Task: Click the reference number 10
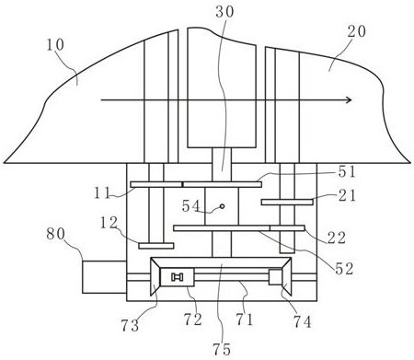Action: point(55,45)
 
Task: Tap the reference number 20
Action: point(357,31)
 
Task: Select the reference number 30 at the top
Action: point(224,12)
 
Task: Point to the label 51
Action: point(347,172)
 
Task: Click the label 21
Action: point(347,195)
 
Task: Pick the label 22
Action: point(337,238)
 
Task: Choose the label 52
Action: point(344,269)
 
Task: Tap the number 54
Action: point(191,206)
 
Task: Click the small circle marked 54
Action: point(222,206)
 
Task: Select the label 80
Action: point(56,234)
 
